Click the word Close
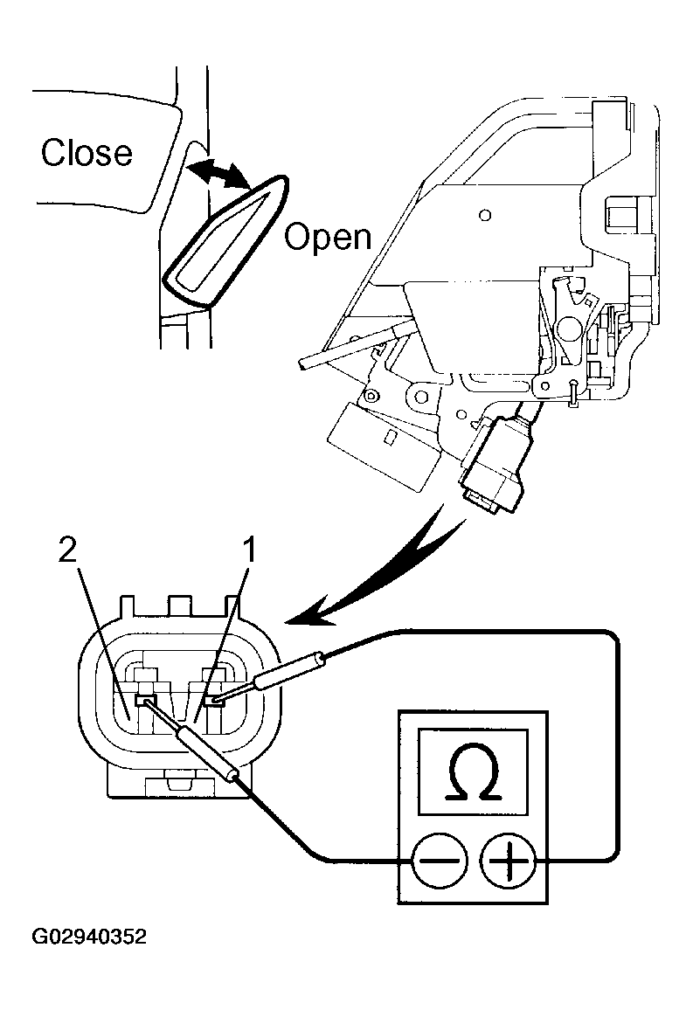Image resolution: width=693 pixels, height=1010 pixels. pyautogui.click(x=87, y=153)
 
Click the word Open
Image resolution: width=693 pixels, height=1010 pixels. pyautogui.click(x=328, y=237)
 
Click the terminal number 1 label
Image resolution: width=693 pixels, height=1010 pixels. pyautogui.click(x=248, y=550)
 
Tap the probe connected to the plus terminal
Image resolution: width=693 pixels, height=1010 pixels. pyautogui.click(x=288, y=674)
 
